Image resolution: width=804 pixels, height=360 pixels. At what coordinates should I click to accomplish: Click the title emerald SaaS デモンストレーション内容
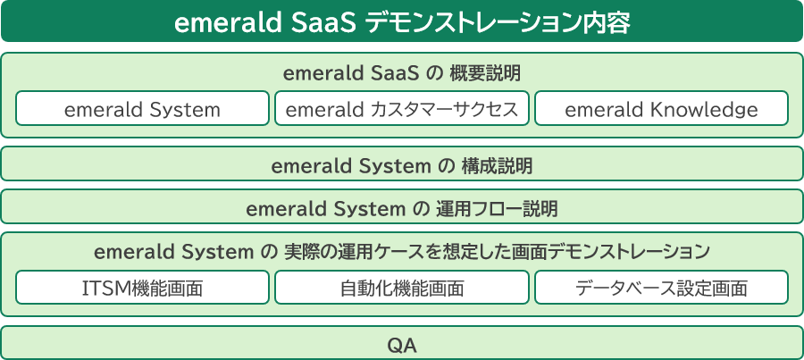[x=402, y=23]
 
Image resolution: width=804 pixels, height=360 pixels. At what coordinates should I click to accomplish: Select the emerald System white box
[x=142, y=108]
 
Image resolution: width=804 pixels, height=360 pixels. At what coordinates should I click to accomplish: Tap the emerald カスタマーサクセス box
[x=401, y=108]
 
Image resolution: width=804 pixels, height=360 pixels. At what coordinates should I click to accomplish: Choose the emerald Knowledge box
[x=661, y=108]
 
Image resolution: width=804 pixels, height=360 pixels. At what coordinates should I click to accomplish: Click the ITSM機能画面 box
[x=142, y=287]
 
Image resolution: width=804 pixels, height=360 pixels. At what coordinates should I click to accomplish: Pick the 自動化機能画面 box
[x=401, y=287]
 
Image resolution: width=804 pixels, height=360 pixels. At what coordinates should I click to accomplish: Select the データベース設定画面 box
[x=661, y=287]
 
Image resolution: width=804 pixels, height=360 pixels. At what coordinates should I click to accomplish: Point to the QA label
[x=402, y=347]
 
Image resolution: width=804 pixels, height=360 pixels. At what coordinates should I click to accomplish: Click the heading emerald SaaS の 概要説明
[x=402, y=74]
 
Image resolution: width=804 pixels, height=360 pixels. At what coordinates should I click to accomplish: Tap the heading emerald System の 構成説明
[x=402, y=167]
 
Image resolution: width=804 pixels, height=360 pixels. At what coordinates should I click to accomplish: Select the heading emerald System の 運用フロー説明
[x=402, y=210]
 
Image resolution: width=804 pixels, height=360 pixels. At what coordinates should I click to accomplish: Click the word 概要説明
[x=485, y=74]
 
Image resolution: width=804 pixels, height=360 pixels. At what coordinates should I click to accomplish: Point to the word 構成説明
[x=497, y=167]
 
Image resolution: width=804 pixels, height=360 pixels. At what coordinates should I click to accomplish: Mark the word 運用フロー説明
[x=497, y=210]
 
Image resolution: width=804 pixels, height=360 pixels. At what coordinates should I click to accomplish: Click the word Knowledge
[x=698, y=110]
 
